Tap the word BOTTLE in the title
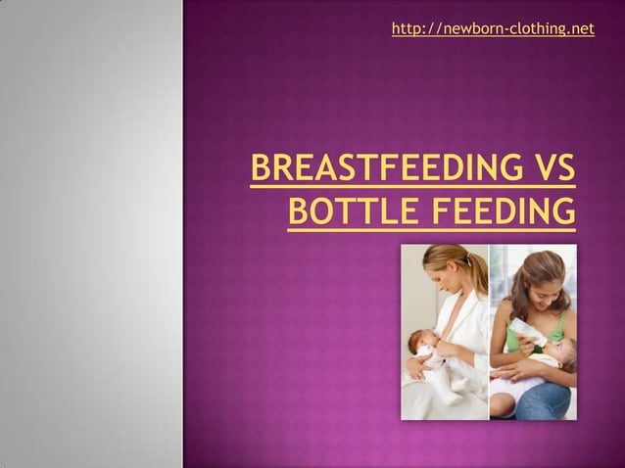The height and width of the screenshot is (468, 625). (x=342, y=211)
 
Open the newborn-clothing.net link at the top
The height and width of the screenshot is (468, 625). (x=493, y=29)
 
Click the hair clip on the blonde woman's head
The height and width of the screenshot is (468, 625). (x=469, y=257)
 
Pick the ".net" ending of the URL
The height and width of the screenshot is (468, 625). (x=580, y=29)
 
